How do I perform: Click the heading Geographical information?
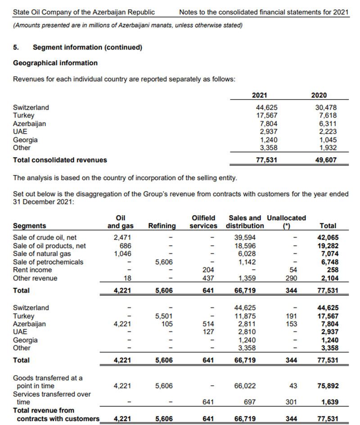[55, 63]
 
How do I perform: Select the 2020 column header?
[319, 95]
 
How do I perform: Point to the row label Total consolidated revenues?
[60, 160]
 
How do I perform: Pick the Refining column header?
[162, 226]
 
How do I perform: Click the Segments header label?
[29, 226]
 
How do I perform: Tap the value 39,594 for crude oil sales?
[246, 237]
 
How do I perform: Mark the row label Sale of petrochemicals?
[48, 262]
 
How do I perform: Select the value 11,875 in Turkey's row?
[246, 316]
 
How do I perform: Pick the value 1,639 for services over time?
[329, 402]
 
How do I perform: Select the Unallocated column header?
[286, 218]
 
